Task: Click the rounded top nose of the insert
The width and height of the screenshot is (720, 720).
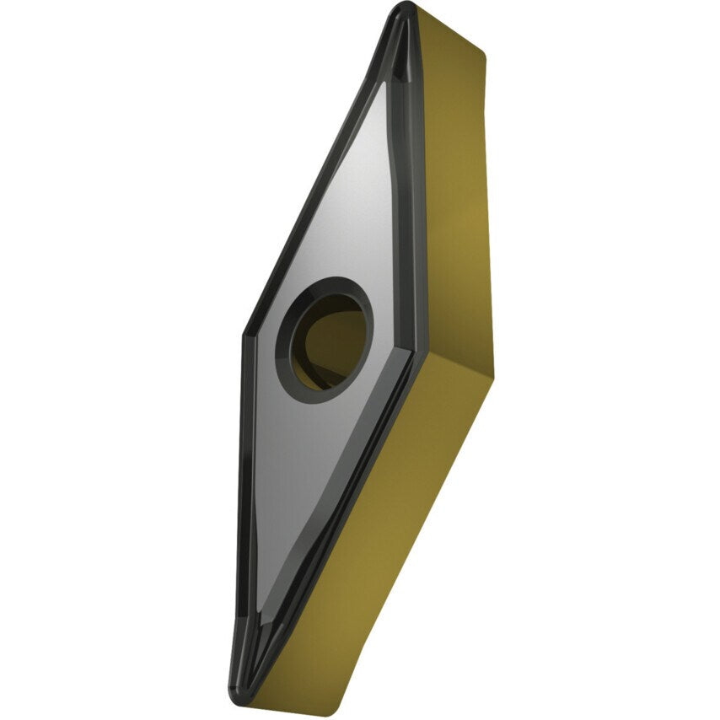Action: coord(404,11)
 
